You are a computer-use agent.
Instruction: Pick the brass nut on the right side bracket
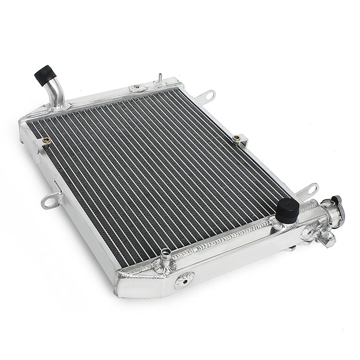point(236,139)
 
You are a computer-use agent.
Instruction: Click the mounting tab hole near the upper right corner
point(210,96)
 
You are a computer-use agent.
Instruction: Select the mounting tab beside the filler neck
point(311,190)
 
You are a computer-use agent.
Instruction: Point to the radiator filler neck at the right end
point(335,210)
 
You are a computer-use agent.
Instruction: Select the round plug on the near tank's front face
point(184,280)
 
